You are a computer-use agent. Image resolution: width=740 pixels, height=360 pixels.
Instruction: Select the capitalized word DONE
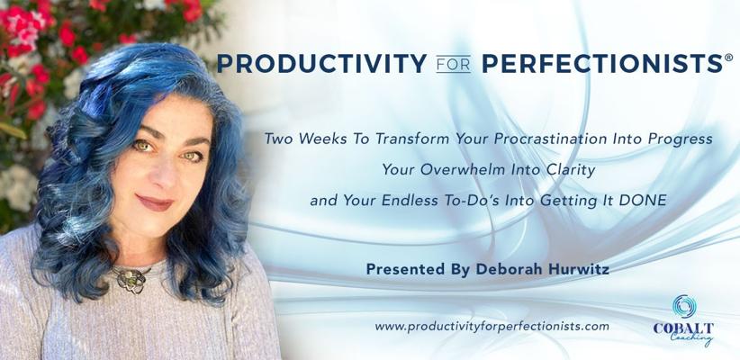tap(643, 200)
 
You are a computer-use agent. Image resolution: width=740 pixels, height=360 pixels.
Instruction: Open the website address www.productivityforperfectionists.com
tap(492, 326)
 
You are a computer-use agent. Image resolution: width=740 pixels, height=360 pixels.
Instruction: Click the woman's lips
tap(154, 202)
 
